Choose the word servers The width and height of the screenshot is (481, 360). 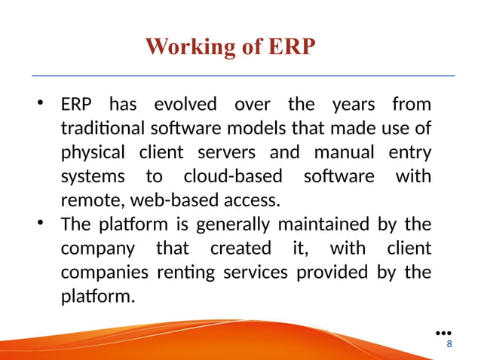[227, 152]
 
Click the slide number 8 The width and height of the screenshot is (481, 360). [450, 344]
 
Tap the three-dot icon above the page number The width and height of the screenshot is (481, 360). [444, 332]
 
